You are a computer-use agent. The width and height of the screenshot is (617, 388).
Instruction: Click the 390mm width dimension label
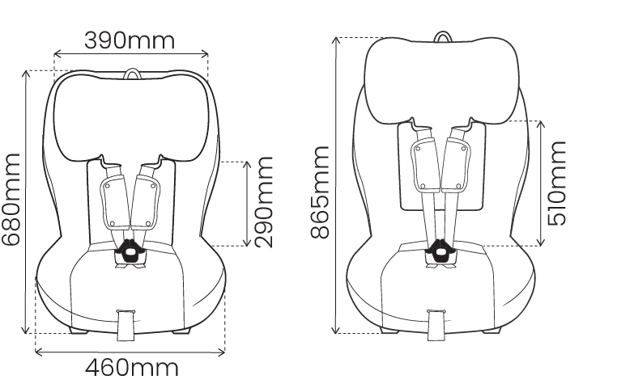[130, 40]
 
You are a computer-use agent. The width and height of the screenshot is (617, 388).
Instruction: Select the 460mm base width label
[131, 369]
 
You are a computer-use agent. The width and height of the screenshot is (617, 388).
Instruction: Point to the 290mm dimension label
[265, 203]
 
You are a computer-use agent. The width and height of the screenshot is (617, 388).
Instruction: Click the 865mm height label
[319, 192]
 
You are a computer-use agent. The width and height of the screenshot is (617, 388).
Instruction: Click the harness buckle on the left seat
[131, 251]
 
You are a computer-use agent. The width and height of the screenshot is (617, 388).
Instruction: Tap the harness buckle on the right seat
[439, 251]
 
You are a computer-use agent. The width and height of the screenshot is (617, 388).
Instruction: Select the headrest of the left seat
[131, 117]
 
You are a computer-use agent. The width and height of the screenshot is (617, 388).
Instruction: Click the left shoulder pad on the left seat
[112, 202]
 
